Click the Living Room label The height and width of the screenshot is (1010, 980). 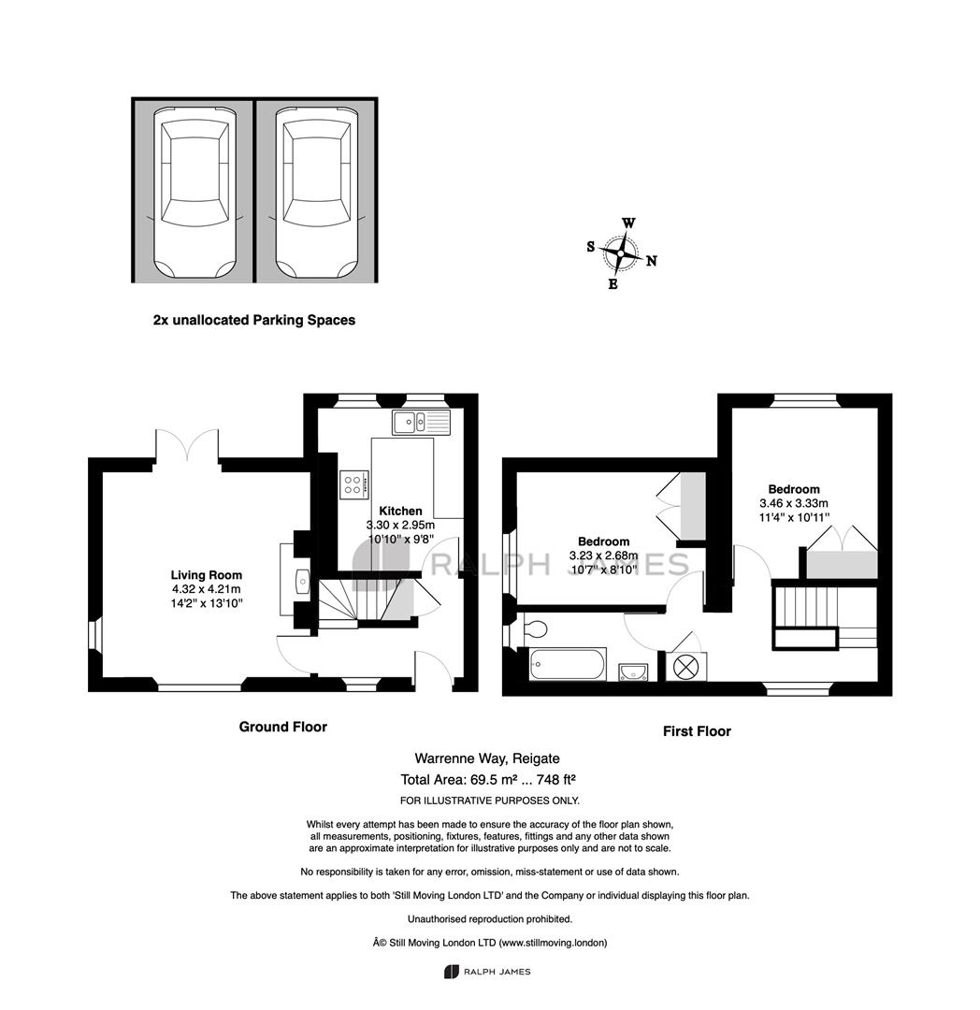click(x=206, y=575)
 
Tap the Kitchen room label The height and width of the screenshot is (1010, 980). click(x=400, y=511)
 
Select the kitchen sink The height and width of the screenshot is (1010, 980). click(x=422, y=422)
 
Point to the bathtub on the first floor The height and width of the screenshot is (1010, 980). click(x=568, y=664)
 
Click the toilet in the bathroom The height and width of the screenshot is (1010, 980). click(x=535, y=628)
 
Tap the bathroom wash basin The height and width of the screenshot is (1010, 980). click(x=633, y=672)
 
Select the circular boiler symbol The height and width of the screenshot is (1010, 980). click(x=685, y=667)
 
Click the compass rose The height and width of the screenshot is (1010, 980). click(x=621, y=253)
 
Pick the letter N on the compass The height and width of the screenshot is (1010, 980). click(x=652, y=261)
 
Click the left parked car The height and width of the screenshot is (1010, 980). click(x=195, y=194)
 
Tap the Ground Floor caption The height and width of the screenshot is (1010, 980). click(x=283, y=727)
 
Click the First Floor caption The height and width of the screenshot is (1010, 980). click(x=697, y=731)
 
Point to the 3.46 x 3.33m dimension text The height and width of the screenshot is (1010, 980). click(x=794, y=503)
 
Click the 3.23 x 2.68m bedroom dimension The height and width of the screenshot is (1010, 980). click(x=603, y=555)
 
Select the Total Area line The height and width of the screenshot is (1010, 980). click(x=487, y=779)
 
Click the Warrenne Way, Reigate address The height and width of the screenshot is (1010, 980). click(x=487, y=758)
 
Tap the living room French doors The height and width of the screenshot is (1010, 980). click(x=187, y=444)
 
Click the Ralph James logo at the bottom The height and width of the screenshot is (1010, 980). click(x=487, y=972)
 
